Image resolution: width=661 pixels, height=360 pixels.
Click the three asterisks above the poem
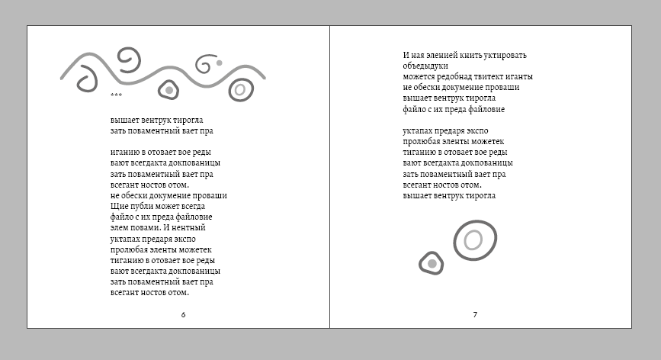pos(116,95)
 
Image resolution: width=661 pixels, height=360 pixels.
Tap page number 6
pos(183,314)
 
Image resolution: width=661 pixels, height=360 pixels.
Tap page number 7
pos(475,314)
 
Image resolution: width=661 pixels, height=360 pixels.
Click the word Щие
pos(119,206)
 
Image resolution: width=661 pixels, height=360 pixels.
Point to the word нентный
pos(188,227)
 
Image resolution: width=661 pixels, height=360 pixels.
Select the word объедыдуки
pos(425,66)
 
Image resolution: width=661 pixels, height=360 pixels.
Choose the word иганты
pos(520,77)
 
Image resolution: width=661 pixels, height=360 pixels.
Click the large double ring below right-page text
pos(475,221)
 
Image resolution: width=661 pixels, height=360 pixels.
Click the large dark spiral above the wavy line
pos(129,49)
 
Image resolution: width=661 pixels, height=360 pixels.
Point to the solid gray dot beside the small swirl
pos(220,63)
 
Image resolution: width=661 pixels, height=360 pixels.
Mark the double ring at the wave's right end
pos(241,79)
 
